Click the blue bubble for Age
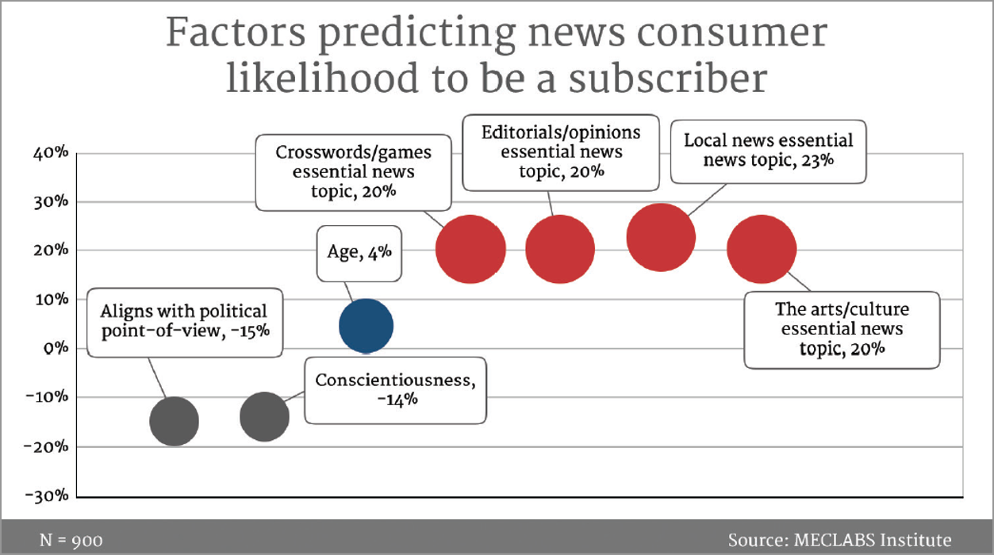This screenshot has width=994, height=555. pyautogui.click(x=366, y=325)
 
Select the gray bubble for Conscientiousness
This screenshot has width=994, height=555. pyautogui.click(x=264, y=416)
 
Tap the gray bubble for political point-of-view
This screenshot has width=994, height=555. pyautogui.click(x=174, y=421)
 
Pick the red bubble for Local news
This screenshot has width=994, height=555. pyautogui.click(x=660, y=237)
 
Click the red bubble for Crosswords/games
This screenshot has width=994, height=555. pyautogui.click(x=470, y=249)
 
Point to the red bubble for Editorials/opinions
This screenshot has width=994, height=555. pyautogui.click(x=559, y=249)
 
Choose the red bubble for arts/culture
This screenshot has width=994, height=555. pyautogui.click(x=761, y=249)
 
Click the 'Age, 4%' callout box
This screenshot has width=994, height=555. pyautogui.click(x=359, y=253)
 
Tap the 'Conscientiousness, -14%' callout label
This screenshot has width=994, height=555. pyautogui.click(x=395, y=389)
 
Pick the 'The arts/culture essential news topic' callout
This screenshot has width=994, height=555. pyautogui.click(x=841, y=329)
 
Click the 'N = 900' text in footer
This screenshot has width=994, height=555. pyautogui.click(x=71, y=541)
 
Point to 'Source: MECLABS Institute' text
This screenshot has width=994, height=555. pyautogui.click(x=839, y=541)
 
